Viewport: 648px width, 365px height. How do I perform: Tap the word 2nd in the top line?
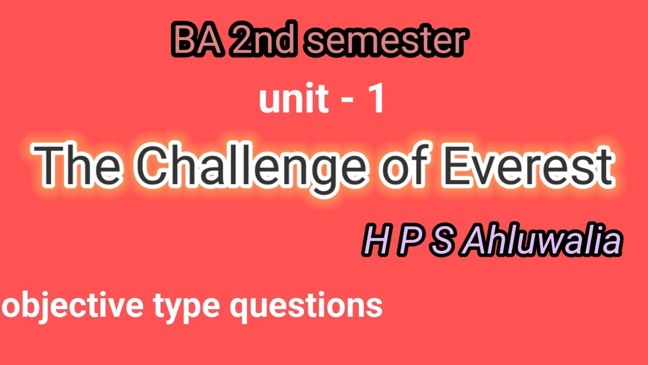(x=260, y=42)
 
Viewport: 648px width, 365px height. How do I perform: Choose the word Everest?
(x=526, y=165)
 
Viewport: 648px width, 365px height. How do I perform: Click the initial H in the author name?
(x=372, y=242)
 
